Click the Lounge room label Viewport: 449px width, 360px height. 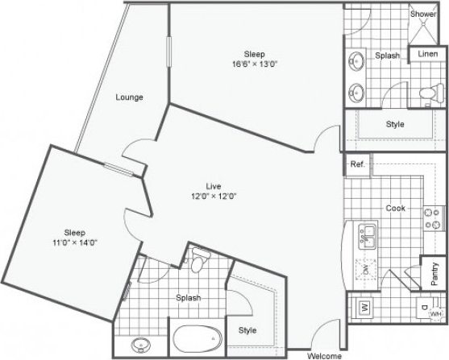(129, 97)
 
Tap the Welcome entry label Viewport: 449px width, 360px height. (326, 354)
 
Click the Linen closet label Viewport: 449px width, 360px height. (428, 53)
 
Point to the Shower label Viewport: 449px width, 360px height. (423, 14)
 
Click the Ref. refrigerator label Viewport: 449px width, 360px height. (357, 164)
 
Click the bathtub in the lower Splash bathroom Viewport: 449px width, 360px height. (194, 336)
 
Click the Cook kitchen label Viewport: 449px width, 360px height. (395, 208)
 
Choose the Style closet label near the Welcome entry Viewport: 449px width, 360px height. (247, 330)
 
